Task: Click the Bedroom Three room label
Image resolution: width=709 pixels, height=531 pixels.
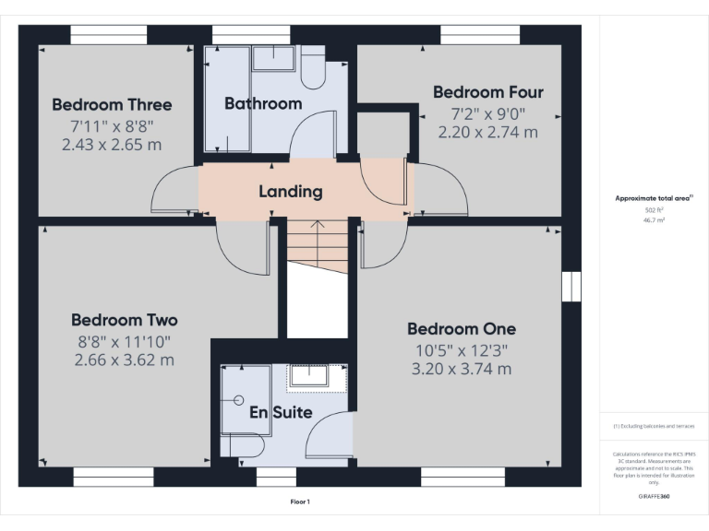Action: (112, 104)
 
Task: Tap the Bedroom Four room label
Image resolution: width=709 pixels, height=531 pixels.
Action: (487, 92)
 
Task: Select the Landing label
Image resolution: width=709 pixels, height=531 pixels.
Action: (290, 192)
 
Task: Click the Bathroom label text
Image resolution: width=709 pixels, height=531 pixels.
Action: (263, 103)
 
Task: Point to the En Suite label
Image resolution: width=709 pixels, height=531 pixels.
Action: (281, 412)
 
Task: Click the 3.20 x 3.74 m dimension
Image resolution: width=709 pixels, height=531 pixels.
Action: (462, 369)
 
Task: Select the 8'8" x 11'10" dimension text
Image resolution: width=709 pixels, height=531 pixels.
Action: (125, 341)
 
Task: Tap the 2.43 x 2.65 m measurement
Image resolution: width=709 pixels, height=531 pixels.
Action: (112, 144)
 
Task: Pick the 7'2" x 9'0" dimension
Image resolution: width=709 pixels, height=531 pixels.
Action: (487, 113)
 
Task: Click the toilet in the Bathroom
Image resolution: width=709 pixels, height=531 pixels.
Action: (312, 70)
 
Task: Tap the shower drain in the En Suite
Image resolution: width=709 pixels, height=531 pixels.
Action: (238, 400)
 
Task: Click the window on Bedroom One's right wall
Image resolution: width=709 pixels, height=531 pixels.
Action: (571, 286)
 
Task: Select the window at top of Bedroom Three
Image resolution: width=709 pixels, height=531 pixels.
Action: (109, 34)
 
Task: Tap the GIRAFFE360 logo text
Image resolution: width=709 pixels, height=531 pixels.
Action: (654, 496)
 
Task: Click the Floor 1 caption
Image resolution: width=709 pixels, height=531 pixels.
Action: (300, 501)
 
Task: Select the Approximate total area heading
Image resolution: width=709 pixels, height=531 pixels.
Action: (652, 198)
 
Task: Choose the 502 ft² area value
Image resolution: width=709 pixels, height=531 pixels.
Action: (654, 210)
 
